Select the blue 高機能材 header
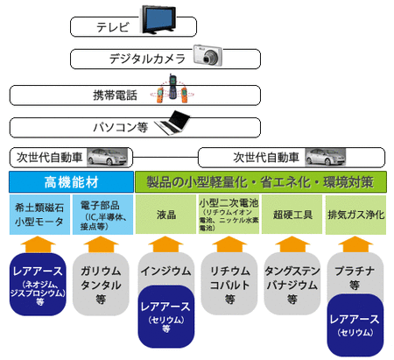coord(70,182)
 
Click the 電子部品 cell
coord(102,215)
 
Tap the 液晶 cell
coord(165,215)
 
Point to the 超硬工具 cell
coord(292,215)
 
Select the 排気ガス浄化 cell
coord(354,215)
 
